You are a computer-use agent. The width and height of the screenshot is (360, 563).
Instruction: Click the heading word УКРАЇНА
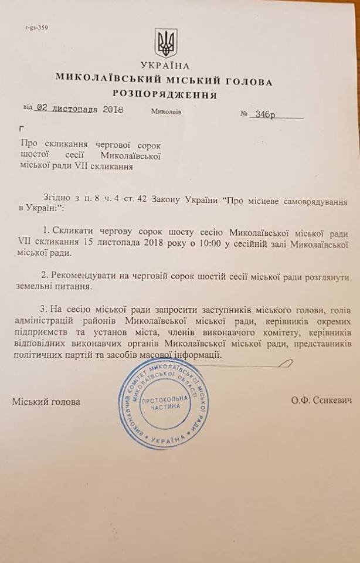click(x=165, y=65)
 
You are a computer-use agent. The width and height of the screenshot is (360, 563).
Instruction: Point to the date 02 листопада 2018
click(x=80, y=109)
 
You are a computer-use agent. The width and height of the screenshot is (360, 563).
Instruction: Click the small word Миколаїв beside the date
click(x=167, y=111)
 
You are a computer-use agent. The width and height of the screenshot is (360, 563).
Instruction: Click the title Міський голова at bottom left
click(x=46, y=402)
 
